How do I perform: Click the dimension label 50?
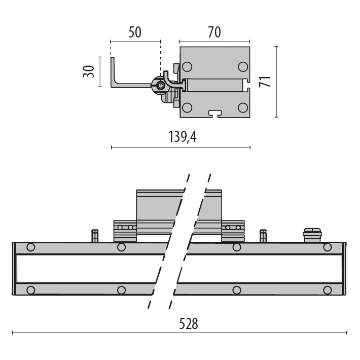134,32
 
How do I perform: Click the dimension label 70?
214,32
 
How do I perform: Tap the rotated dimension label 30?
89,71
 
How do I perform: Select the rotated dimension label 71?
265,82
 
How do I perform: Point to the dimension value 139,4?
182,136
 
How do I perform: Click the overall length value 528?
188,323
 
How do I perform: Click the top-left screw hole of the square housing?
187,66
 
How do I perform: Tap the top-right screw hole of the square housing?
243,66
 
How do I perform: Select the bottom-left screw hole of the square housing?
187,107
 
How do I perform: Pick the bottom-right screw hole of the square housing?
243,107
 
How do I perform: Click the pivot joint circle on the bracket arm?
161,86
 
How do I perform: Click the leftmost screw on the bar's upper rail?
31,247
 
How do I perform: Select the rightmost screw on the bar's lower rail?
328,290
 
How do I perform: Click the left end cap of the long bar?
14,269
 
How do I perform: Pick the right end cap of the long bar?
345,269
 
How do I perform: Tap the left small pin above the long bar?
94,236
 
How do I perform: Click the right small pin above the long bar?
263,236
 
